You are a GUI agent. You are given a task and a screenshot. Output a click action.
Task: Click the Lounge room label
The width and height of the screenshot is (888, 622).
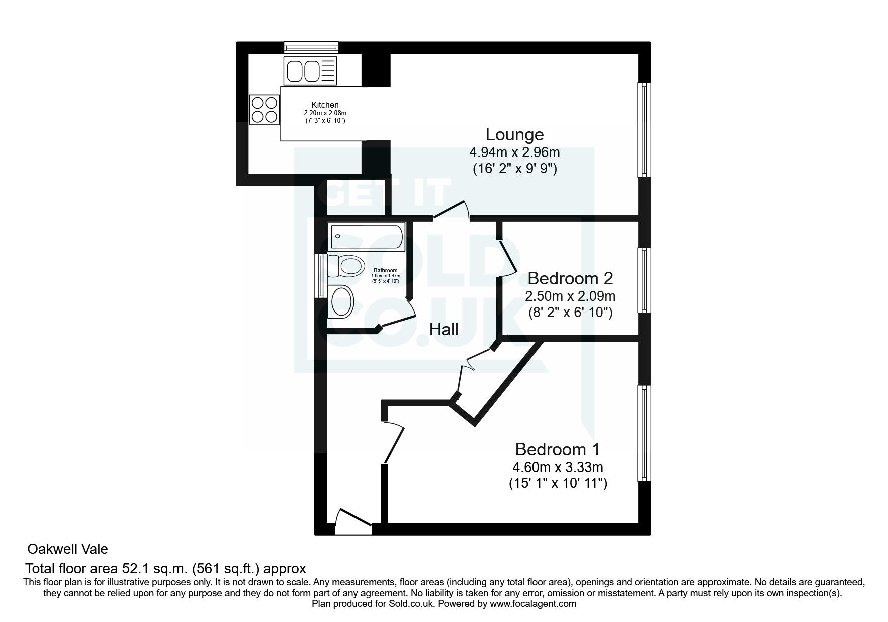tap(514, 134)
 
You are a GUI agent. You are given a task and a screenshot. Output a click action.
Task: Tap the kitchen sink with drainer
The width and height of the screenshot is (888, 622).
tap(310, 71)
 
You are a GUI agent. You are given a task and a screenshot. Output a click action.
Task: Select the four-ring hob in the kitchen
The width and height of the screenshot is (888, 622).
tap(264, 110)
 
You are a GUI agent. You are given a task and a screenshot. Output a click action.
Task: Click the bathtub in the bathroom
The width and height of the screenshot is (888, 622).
tap(366, 237)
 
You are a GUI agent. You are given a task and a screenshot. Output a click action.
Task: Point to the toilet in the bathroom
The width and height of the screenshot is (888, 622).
tap(345, 265)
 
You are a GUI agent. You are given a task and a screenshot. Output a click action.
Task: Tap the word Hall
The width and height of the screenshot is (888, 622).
tap(444, 329)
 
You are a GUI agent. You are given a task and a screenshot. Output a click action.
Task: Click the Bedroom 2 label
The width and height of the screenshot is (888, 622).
tap(570, 278)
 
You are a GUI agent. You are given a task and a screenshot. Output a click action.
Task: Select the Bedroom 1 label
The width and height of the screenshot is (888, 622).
tap(557, 449)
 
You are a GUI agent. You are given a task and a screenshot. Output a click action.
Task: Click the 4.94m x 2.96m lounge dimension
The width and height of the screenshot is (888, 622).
tap(514, 152)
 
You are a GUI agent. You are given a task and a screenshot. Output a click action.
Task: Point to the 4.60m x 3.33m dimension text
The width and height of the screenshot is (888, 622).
tap(557, 468)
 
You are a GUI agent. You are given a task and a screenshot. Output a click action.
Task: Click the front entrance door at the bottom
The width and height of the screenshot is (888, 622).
tap(353, 522)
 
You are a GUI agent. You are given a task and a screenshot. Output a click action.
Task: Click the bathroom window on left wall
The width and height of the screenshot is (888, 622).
tap(319, 275)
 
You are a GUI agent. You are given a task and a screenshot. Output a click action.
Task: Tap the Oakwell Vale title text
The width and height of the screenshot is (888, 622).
tap(67, 549)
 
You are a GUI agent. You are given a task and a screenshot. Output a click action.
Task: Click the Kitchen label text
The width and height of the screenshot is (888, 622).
tap(325, 105)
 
